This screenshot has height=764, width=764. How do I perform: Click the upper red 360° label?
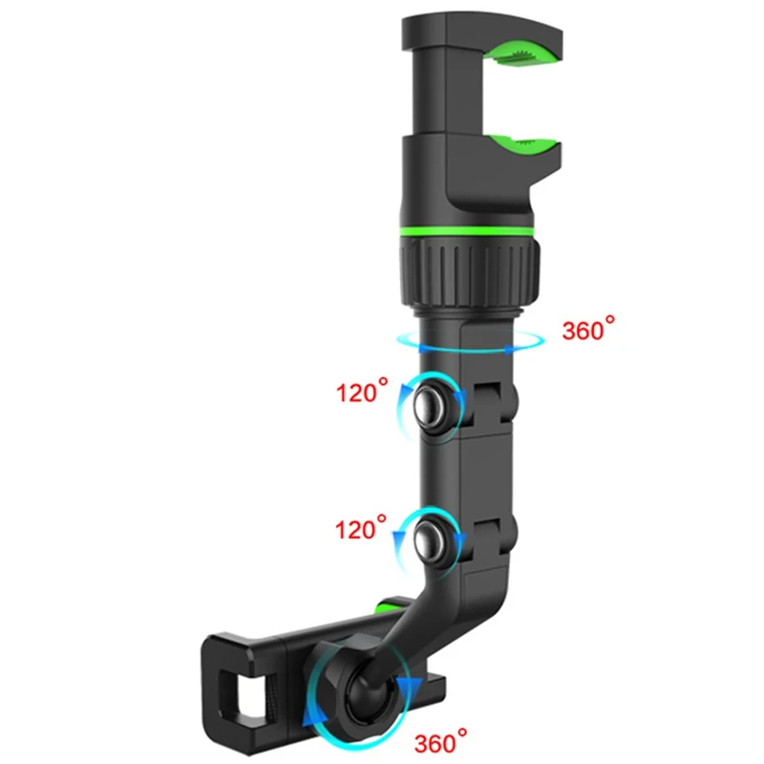[588, 329]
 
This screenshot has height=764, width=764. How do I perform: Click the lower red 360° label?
[440, 741]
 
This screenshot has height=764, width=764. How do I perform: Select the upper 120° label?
[362, 391]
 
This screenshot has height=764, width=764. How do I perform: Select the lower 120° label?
[361, 528]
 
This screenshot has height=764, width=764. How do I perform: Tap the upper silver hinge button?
[431, 404]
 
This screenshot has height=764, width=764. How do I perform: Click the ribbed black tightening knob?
[470, 272]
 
